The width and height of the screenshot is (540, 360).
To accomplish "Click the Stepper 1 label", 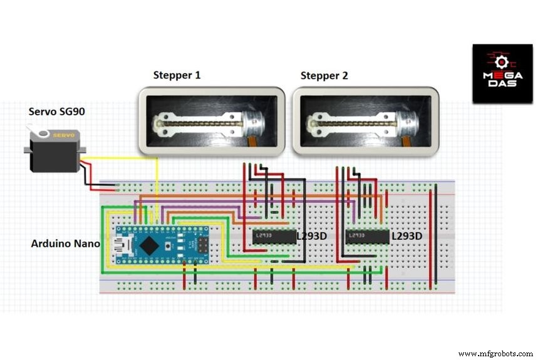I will point(177,76).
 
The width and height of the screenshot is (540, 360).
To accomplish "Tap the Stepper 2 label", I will point(324,76).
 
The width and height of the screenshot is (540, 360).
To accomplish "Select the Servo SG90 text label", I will point(56,111).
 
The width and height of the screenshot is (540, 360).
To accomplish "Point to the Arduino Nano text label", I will point(65,243).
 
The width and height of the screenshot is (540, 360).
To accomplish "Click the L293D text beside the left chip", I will point(312,237).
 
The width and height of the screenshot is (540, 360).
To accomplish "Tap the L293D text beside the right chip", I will point(406,237).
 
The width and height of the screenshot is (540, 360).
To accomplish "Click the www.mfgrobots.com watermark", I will point(494,352).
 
